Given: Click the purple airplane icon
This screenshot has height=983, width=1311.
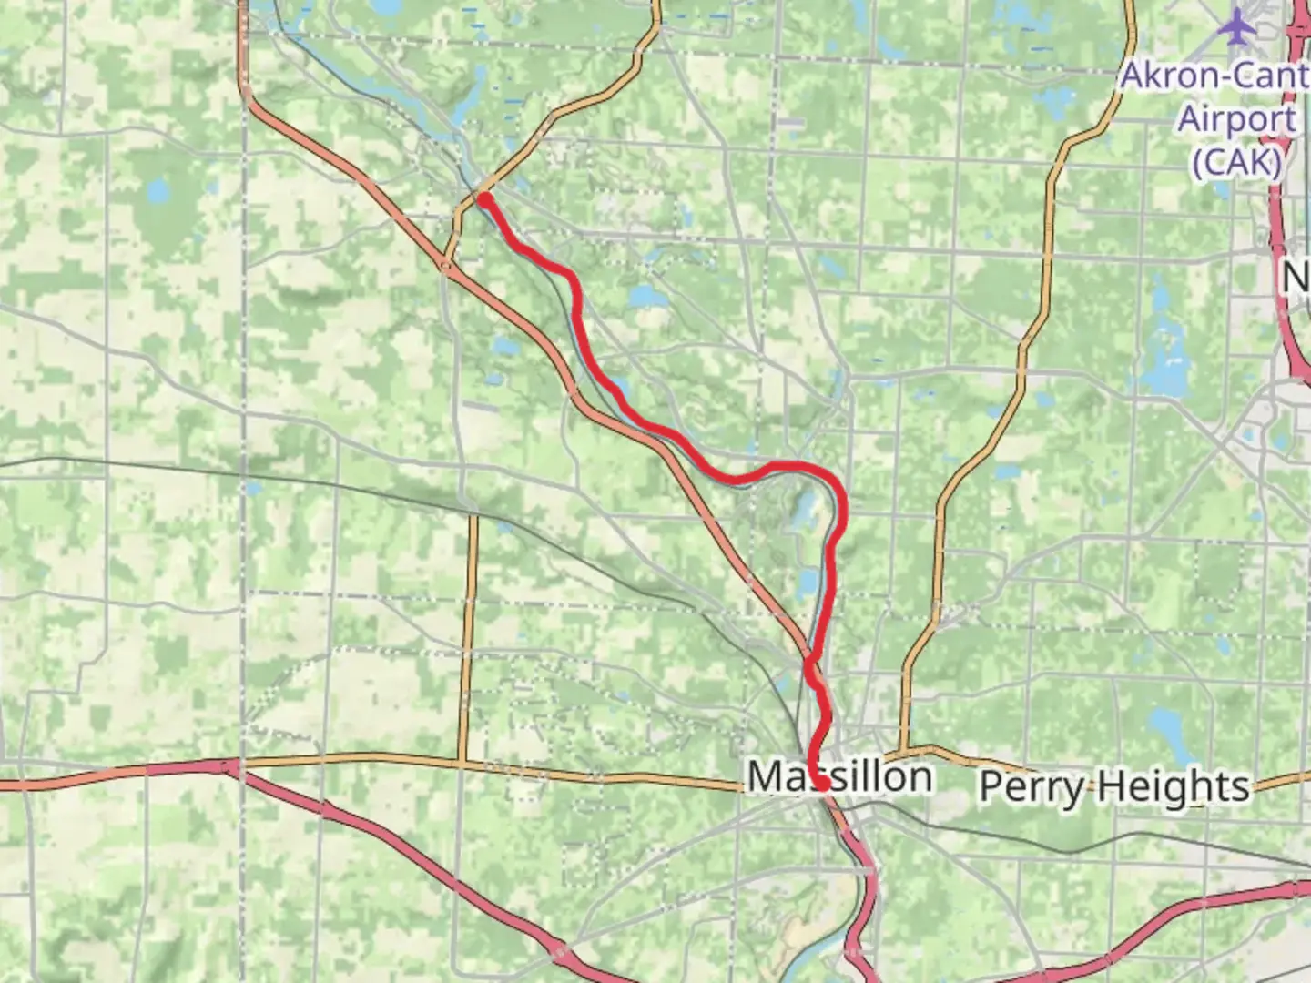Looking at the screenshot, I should pyautogui.click(x=1237, y=25).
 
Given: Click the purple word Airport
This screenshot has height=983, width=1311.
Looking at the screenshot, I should pyautogui.click(x=1237, y=118).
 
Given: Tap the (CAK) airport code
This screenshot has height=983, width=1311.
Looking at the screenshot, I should pyautogui.click(x=1237, y=162).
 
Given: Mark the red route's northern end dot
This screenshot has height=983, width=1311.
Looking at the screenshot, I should pyautogui.click(x=485, y=199).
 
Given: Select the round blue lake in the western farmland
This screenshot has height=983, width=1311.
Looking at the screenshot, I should pyautogui.click(x=158, y=192).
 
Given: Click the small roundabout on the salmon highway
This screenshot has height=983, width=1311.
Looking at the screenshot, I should pyautogui.click(x=446, y=266).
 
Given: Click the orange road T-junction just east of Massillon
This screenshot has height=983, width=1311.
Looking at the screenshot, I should pyautogui.click(x=903, y=751).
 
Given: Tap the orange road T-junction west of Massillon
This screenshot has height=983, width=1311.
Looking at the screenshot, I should pyautogui.click(x=463, y=761).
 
